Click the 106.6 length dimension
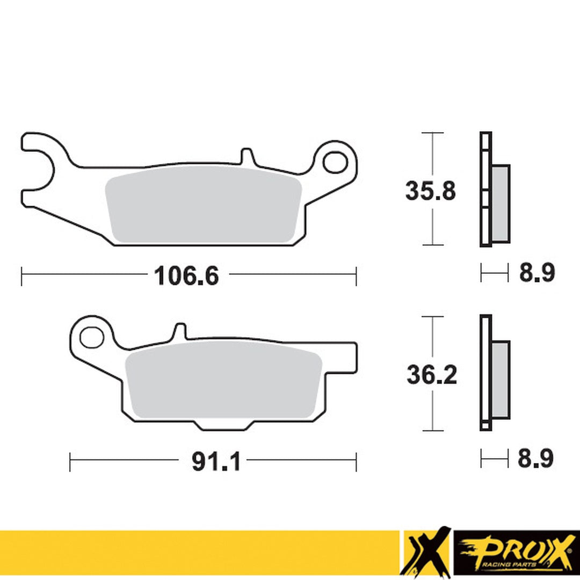(186, 276)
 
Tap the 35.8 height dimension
(431, 191)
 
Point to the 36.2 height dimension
(432, 375)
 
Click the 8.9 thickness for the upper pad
(536, 273)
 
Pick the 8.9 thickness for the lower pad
(535, 459)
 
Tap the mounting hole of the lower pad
(91, 337)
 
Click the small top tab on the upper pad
(247, 156)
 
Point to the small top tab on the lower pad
(181, 331)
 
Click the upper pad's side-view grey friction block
(501, 203)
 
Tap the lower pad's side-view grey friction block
(501, 380)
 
